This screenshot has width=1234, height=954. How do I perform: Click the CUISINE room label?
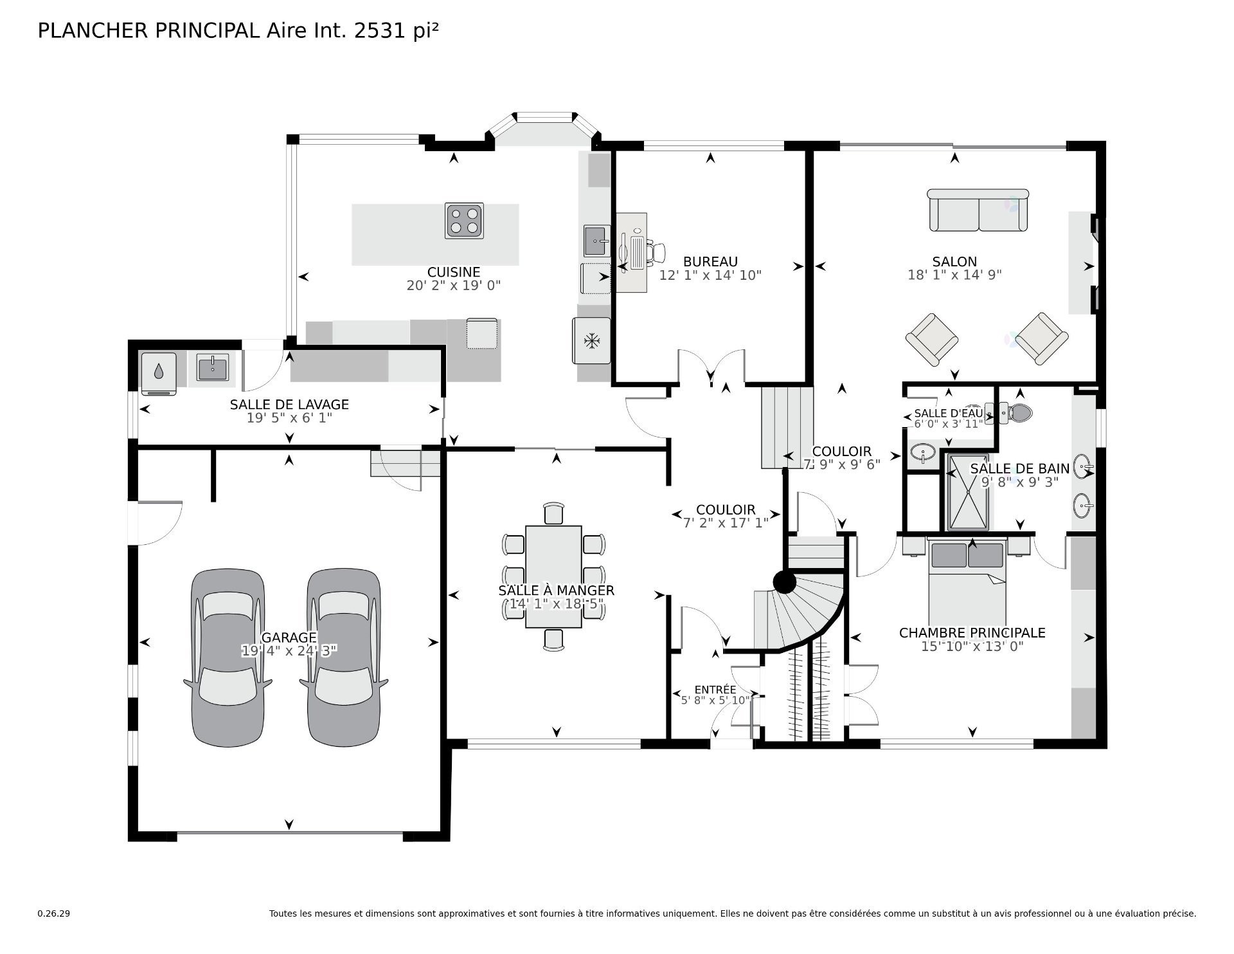(x=454, y=272)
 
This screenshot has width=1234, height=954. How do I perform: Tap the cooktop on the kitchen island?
(x=464, y=221)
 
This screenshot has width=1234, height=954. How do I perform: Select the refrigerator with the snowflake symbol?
(x=591, y=340)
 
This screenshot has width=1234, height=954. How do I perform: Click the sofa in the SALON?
(x=978, y=210)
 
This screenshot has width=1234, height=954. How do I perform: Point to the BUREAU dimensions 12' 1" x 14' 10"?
(x=710, y=275)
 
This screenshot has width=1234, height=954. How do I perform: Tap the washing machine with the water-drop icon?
(x=159, y=372)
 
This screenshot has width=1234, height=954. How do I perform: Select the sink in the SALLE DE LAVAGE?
(x=212, y=368)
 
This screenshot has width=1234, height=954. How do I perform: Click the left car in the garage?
(x=228, y=657)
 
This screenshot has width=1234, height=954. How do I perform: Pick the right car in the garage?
(x=343, y=657)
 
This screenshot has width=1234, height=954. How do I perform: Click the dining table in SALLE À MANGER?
(x=553, y=576)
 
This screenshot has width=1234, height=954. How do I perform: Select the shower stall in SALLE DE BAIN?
(x=969, y=493)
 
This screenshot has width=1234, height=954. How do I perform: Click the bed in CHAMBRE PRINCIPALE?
(x=967, y=582)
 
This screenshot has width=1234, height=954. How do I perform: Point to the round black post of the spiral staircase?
(x=784, y=583)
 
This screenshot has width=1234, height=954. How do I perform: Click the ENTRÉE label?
(x=715, y=690)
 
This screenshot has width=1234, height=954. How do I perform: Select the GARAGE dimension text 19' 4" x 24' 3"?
(x=289, y=651)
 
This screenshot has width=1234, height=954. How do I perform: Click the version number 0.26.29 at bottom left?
(x=53, y=913)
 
